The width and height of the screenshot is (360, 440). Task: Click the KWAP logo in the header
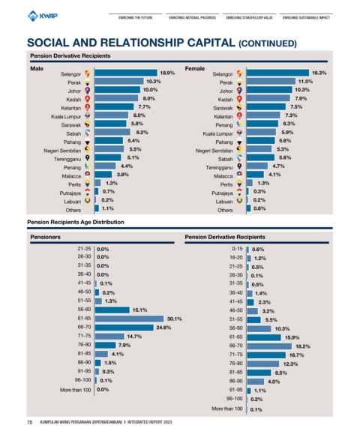pos(43,16)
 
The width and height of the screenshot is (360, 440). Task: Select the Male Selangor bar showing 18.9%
pos(126,73)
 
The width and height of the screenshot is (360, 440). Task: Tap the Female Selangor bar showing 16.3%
pos(277,73)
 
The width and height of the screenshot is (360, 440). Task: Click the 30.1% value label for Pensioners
pos(175,319)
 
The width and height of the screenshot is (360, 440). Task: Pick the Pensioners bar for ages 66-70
pos(124,328)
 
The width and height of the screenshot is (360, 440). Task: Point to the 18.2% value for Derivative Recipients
pos(303,346)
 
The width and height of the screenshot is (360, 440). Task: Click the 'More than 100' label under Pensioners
pos(75,390)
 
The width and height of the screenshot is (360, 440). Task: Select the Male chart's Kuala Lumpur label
pos(66,116)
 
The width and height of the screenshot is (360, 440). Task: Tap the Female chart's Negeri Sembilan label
pos(214,151)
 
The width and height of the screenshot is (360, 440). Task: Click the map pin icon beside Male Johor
pos(87,91)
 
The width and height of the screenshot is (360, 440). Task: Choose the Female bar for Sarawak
pos(266,107)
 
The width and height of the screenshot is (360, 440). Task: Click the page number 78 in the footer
pos(29,422)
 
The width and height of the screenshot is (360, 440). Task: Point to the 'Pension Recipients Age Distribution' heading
pos(76,222)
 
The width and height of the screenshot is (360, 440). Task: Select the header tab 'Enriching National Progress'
pos(192,17)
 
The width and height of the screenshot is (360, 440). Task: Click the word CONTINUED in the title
pos(267,43)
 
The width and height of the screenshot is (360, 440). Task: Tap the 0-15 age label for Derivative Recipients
pos(237,249)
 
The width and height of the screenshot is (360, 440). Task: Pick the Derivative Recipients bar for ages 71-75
pos(266,355)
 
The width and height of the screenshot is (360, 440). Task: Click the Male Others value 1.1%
pos(108,208)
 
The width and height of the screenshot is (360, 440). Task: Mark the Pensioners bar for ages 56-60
pos(112,310)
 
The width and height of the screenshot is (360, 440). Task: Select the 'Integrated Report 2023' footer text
pos(150,422)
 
